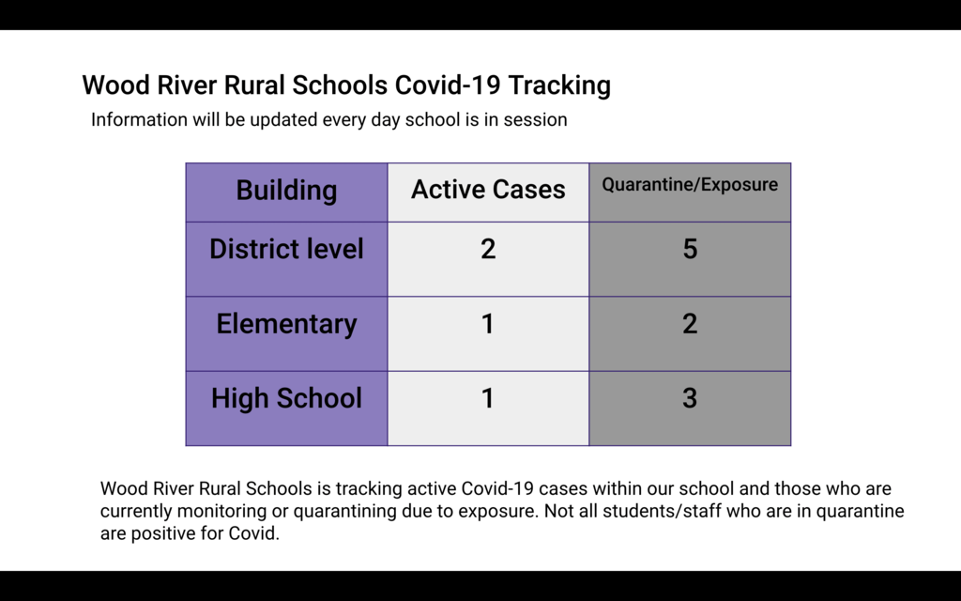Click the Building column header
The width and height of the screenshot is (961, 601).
286,190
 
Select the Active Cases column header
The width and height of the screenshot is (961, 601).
488,189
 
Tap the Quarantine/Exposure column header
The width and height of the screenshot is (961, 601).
690,185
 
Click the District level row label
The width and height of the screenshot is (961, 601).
286,249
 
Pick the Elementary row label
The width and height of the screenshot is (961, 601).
286,324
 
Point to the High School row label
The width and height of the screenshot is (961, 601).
286,398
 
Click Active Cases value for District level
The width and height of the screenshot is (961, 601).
488,249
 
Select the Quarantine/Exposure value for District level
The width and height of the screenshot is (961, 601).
690,249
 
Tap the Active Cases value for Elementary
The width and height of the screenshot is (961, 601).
488,324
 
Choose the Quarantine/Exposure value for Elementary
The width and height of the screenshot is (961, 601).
690,324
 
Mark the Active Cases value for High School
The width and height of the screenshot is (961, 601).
488,398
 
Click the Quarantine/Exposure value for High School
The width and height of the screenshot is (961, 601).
690,398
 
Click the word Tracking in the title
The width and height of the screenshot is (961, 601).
559,85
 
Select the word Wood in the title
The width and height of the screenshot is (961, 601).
116,85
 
